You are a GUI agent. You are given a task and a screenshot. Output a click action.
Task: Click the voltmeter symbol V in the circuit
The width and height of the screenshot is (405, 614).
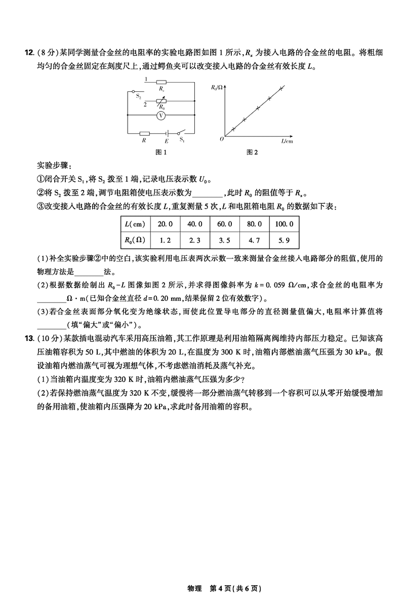tap(160, 116)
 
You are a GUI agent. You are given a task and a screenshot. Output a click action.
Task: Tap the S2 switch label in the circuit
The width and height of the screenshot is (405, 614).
tap(138, 96)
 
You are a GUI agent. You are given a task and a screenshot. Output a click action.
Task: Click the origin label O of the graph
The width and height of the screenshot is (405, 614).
tap(222, 138)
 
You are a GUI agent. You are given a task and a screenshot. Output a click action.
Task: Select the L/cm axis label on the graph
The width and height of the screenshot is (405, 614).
tap(287, 141)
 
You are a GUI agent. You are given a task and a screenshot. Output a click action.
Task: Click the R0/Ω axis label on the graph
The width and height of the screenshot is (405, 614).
tap(217, 88)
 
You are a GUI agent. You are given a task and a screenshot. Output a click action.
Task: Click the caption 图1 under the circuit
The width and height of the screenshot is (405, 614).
tap(161, 152)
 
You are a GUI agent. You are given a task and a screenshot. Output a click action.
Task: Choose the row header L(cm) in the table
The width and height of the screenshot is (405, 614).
tap(135, 224)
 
